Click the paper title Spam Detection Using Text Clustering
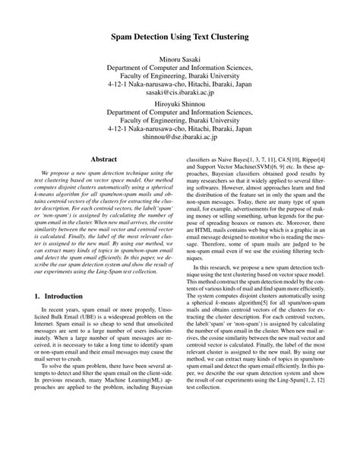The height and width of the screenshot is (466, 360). pyautogui.click(x=180, y=36)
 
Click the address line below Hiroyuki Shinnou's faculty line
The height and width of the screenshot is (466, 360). pyautogui.click(x=180, y=130)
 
